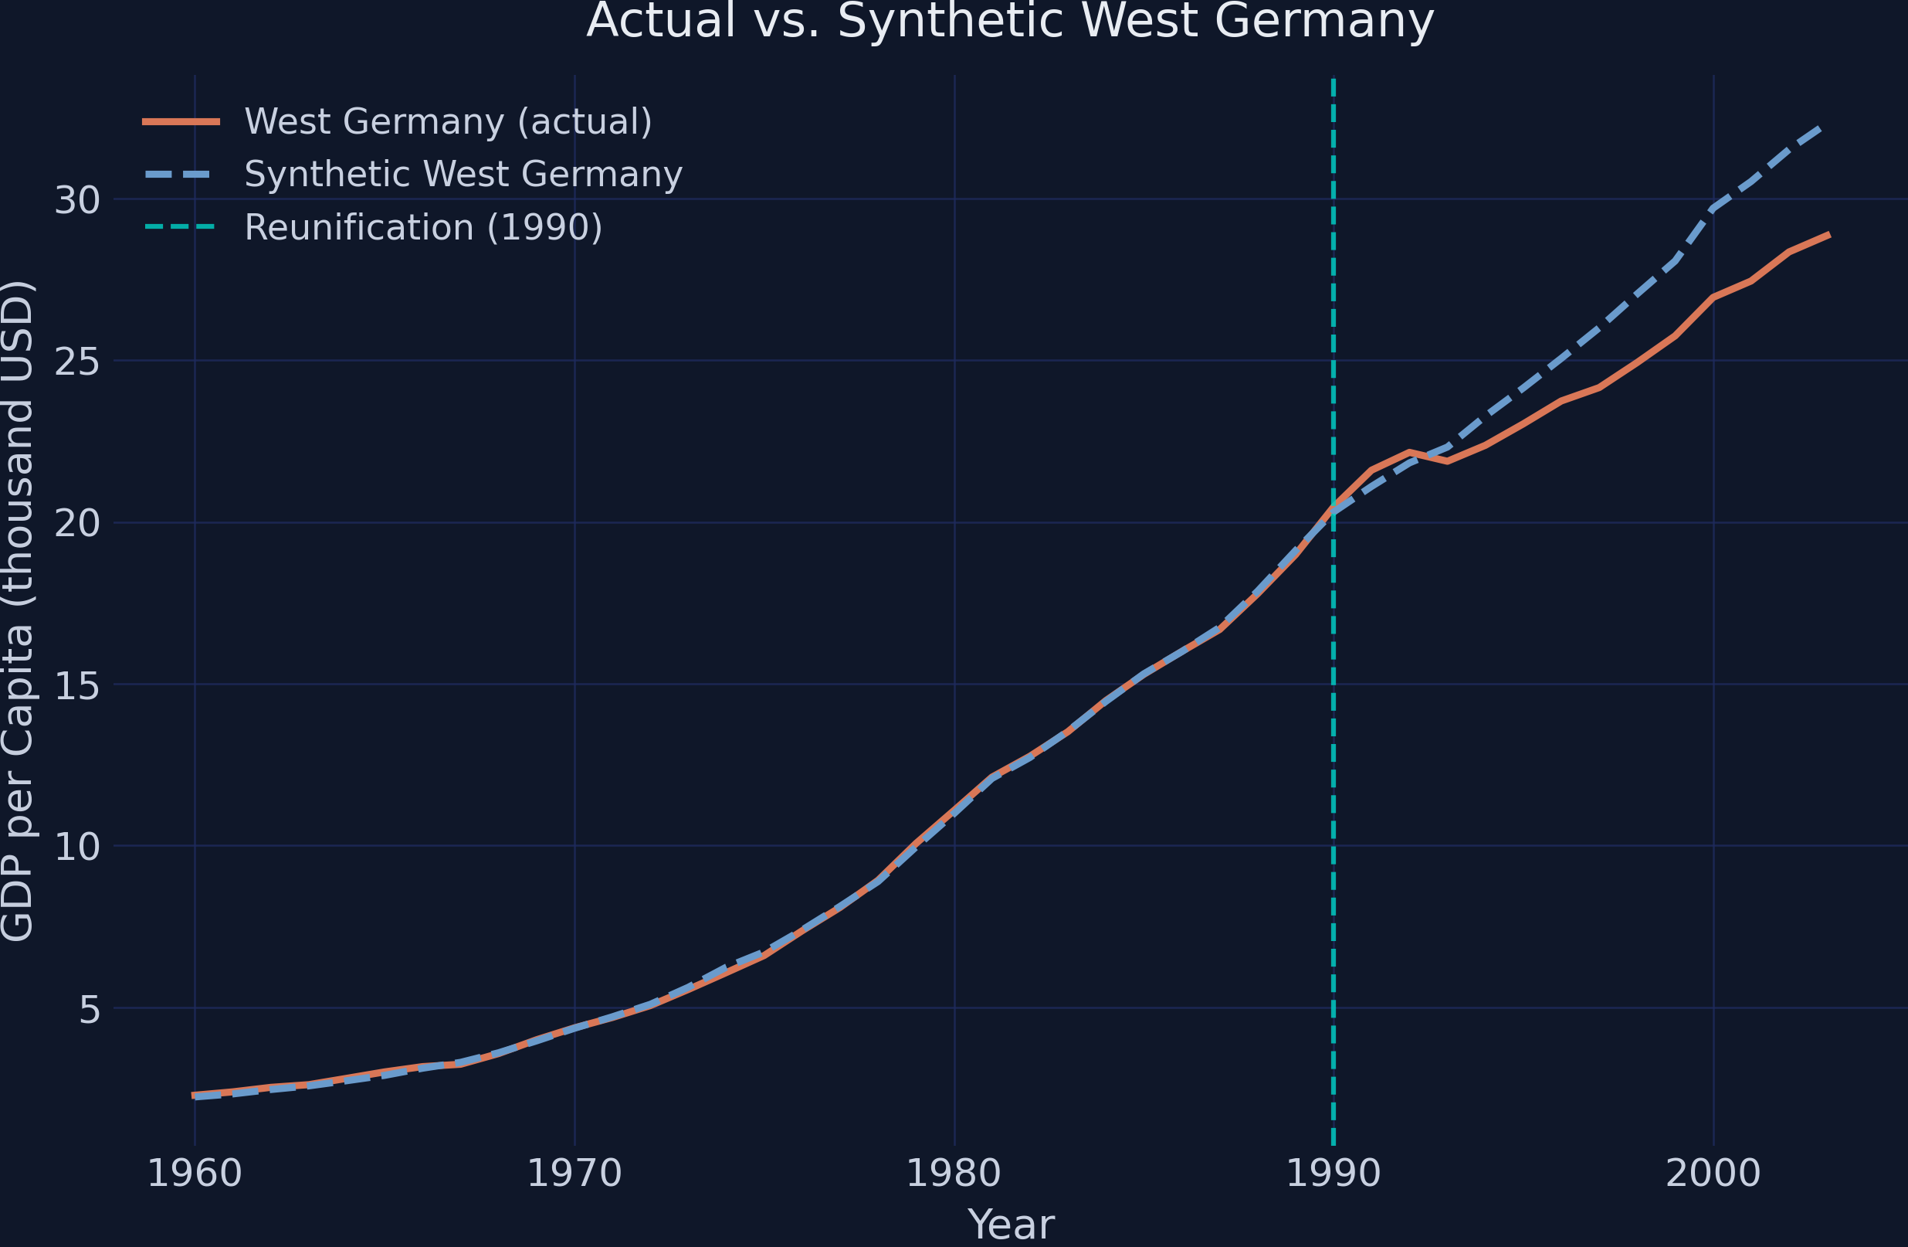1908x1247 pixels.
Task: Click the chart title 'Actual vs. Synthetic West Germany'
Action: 1010,21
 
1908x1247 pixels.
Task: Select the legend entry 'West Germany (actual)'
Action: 448,122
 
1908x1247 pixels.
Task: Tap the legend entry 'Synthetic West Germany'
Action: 463,175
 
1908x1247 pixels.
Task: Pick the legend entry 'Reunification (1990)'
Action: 423,228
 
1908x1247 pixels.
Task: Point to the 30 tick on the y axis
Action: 77,200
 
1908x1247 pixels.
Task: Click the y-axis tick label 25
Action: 77,362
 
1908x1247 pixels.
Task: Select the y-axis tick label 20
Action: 77,525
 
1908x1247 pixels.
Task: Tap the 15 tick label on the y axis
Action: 77,685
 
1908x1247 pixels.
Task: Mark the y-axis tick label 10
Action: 77,848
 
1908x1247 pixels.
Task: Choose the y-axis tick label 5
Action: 90,1011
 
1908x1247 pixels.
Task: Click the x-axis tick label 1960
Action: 195,1174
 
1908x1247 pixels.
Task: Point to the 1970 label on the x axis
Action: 574,1174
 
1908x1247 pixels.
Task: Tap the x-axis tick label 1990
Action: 1334,1174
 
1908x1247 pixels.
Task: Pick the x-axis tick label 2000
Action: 1713,1174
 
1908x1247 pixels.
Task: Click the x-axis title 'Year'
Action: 1010,1225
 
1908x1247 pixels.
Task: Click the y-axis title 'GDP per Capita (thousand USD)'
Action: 18,611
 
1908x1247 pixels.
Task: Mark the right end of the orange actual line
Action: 1828,235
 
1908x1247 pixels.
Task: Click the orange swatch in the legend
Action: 181,122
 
